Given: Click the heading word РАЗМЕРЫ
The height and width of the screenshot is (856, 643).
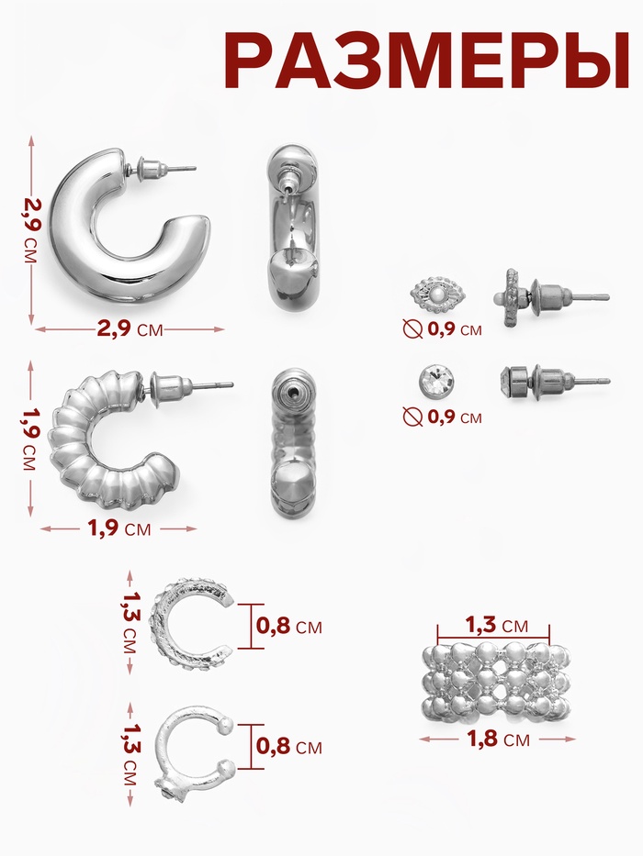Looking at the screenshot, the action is [426, 60].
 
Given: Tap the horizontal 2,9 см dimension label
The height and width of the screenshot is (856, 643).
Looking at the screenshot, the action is [130, 328].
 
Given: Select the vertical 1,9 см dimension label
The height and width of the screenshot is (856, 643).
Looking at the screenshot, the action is [31, 439].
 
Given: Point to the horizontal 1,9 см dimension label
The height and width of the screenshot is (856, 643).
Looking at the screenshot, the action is [118, 528].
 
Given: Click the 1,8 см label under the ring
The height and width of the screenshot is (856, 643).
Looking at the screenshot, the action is [498, 739].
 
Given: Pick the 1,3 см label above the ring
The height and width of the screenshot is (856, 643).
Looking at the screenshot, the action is [496, 625].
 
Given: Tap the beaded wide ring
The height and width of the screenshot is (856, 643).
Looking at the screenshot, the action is [496, 681].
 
